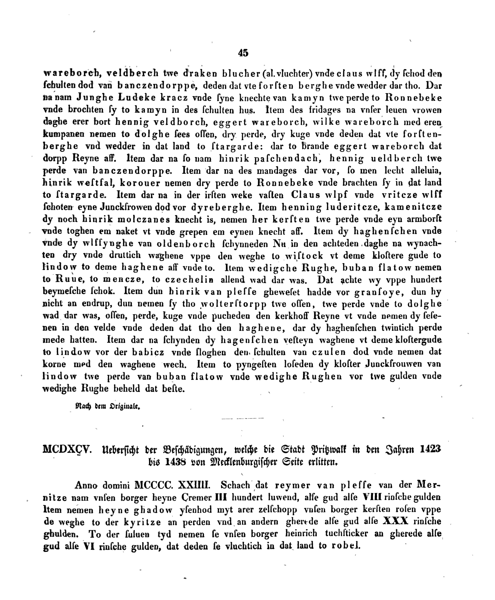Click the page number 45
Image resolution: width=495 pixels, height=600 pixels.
[x=243, y=53]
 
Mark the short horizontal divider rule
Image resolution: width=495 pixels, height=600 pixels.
[x=243, y=419]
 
